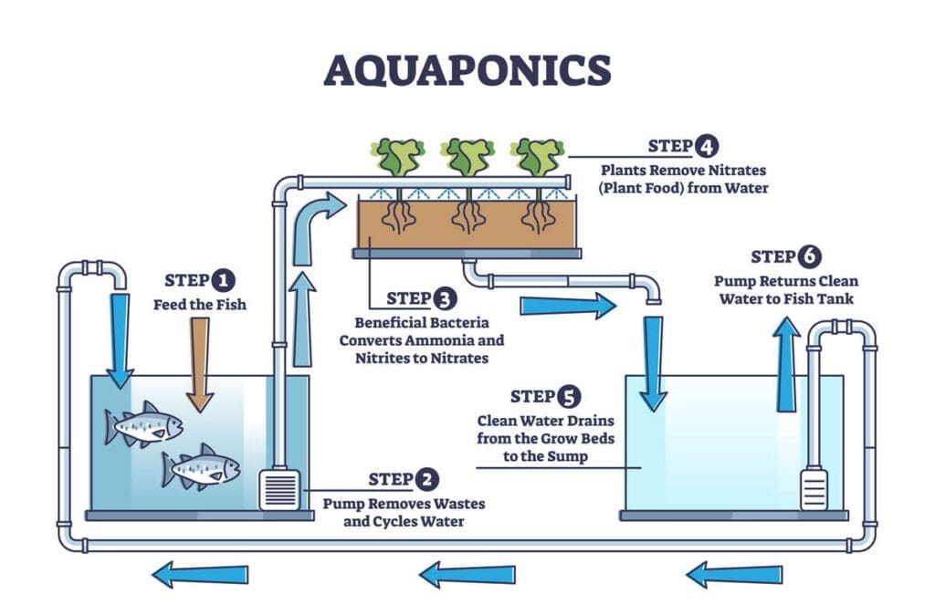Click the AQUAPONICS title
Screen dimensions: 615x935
[467, 69]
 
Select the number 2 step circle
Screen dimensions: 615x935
[425, 479]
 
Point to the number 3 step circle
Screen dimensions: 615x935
[443, 298]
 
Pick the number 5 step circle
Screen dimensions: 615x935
[567, 396]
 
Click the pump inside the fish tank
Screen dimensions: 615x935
[278, 488]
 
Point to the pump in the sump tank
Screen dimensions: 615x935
[814, 488]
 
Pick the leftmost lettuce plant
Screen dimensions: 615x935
[397, 156]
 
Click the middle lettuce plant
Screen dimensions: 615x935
[469, 156]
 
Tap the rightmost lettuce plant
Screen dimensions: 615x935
[539, 156]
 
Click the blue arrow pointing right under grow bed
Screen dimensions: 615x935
[567, 305]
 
